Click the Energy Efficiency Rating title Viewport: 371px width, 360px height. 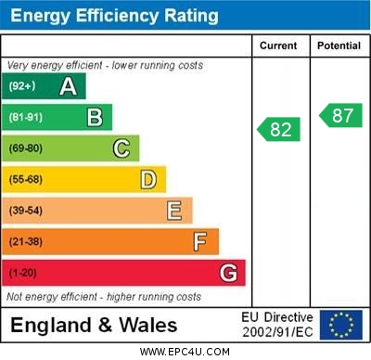pos(114,16)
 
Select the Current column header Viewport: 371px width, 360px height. pos(278,45)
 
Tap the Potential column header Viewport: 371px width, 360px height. pos(339,45)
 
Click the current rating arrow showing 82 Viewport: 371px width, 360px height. pos(278,129)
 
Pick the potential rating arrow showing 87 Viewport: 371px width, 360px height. pos(339,115)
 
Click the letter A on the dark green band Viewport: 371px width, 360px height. pos(68,86)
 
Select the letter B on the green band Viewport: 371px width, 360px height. pos(95,117)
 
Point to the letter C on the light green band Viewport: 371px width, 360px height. pos(122,148)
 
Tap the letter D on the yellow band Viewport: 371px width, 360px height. pos(148,179)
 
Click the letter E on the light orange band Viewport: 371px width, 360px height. pos(174,211)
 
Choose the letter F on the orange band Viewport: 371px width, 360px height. pos(200,242)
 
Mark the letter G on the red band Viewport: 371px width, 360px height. pos(228,274)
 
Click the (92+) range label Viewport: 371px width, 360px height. pos(21,86)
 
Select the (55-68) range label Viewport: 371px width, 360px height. pos(26,179)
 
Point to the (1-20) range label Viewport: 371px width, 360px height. pos(23,274)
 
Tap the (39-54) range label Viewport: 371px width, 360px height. pos(26,211)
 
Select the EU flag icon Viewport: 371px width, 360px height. pos(341,325)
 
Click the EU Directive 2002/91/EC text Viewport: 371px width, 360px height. pos(277,325)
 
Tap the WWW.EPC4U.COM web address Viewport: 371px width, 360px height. pos(185,352)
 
